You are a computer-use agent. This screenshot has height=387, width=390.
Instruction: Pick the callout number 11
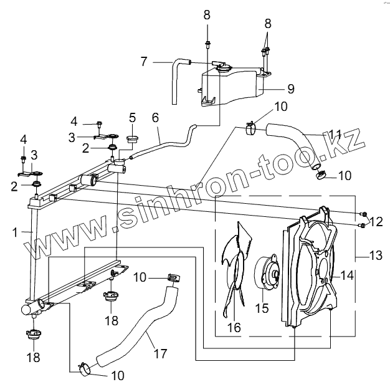336,134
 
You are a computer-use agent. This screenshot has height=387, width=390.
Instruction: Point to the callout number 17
161,353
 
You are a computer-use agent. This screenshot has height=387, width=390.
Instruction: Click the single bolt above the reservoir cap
206,43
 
